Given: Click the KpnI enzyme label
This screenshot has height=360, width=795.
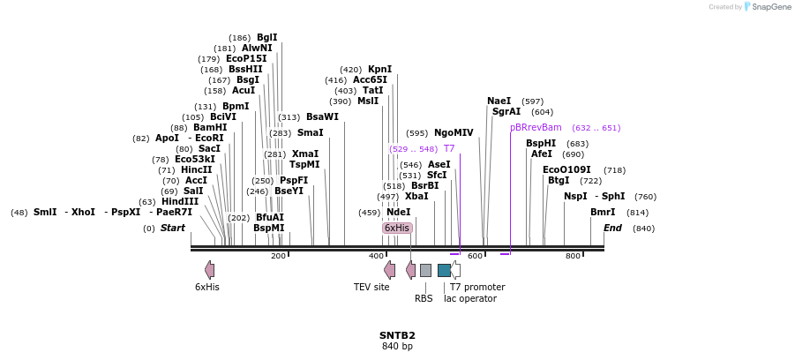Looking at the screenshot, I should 380,69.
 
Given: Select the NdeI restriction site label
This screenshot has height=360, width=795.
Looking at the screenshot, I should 399,212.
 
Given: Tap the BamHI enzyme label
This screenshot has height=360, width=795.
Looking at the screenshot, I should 210,127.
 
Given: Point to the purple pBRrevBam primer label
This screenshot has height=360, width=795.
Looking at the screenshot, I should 536,127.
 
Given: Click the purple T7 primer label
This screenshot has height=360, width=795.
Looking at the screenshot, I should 449,148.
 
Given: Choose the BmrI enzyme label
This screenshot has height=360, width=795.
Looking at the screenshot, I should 603,212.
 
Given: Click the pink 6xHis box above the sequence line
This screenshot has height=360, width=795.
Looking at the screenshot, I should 397,228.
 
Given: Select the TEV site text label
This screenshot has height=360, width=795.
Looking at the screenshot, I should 371,287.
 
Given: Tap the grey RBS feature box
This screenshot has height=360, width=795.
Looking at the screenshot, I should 425,270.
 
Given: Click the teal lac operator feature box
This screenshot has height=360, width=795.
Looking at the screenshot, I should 444,270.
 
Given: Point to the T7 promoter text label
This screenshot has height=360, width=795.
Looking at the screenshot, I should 477,287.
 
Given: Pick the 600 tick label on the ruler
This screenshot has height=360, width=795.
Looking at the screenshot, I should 476,256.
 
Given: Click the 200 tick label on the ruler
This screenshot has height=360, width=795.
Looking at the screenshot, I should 278,256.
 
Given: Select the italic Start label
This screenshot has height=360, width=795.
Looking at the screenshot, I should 173,228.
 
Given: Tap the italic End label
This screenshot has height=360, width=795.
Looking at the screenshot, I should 612,228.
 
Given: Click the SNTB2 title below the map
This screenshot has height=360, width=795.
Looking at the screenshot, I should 397,335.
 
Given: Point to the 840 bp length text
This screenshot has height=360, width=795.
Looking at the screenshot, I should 397,347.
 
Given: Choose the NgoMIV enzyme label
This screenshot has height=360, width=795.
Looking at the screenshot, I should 454,132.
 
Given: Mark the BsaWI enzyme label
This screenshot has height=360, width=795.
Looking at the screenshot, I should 322,116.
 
